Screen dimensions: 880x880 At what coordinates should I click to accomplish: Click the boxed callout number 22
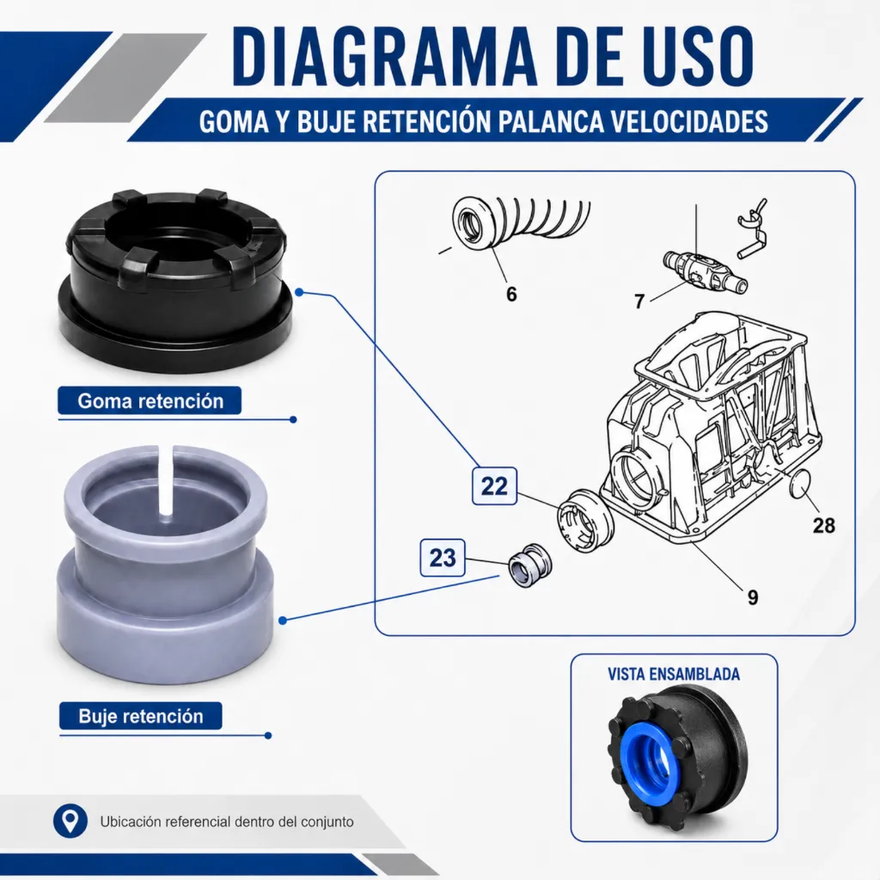494,486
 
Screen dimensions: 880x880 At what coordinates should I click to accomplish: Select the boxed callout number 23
443,558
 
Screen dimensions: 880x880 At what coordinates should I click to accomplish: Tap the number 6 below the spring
511,294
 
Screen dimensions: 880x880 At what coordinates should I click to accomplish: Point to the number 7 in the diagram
639,302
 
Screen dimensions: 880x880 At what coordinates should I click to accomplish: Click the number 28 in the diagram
823,526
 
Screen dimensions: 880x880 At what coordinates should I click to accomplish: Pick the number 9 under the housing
753,598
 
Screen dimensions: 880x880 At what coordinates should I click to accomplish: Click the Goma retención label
150,400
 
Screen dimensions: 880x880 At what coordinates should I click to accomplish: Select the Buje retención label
141,716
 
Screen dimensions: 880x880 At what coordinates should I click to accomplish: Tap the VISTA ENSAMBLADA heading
674,674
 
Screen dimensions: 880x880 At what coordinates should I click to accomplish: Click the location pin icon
70,821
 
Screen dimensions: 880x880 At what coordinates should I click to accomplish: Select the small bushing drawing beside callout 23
529,565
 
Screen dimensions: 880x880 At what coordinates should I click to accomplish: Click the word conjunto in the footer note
327,822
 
